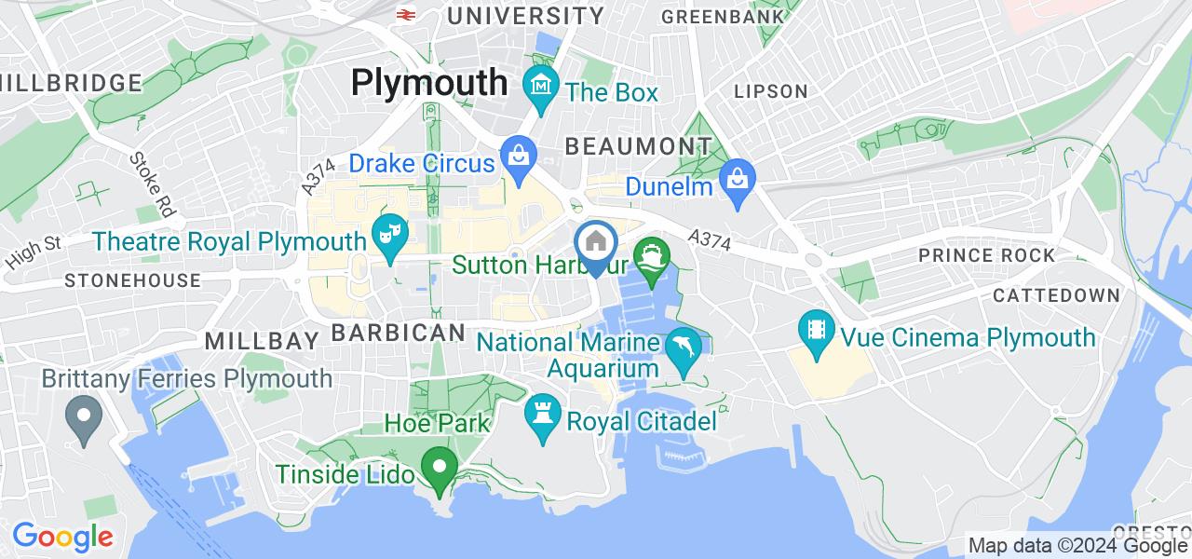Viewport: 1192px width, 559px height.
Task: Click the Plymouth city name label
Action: [429, 83]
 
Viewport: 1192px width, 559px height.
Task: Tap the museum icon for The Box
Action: [540, 86]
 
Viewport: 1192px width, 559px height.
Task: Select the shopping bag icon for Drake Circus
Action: [516, 155]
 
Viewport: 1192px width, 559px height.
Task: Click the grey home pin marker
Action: [595, 243]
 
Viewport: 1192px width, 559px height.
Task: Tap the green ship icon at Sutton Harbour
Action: [648, 254]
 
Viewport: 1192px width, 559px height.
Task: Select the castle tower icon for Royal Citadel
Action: [540, 413]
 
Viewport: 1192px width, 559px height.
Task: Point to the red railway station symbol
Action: [405, 14]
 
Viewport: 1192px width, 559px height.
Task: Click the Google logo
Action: [62, 537]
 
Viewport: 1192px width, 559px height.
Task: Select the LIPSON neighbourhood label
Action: [770, 91]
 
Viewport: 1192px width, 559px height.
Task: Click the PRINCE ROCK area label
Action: [986, 255]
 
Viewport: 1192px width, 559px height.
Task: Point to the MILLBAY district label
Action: [261, 340]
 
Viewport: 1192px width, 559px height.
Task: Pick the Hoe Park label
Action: [438, 424]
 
